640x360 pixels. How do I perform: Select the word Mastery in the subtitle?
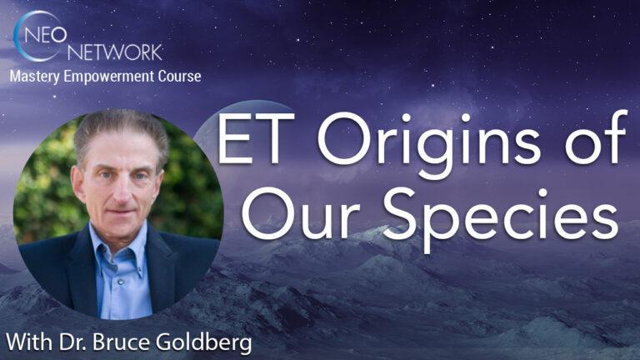(35, 77)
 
